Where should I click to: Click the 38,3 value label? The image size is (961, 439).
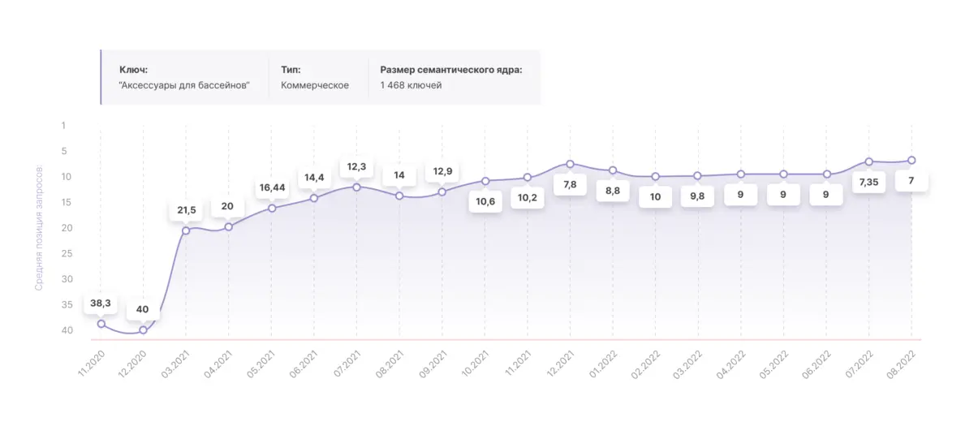(x=101, y=303)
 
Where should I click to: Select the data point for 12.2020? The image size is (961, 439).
(x=144, y=330)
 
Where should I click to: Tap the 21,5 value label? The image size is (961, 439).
(x=187, y=210)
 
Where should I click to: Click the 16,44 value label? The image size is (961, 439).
(x=272, y=187)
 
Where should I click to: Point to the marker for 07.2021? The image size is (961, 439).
(x=356, y=187)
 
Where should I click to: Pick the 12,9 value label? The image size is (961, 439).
(x=442, y=171)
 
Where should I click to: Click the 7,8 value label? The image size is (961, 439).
(x=570, y=185)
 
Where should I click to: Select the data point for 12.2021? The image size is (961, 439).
(x=570, y=164)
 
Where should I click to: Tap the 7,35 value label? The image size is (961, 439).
(x=869, y=182)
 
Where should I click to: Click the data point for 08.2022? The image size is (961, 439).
(x=911, y=160)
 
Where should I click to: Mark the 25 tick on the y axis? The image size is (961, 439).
(x=67, y=253)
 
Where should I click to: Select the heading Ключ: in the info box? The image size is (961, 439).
(x=133, y=70)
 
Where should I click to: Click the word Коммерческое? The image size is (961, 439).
(x=315, y=85)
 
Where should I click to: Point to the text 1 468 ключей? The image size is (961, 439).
(x=411, y=85)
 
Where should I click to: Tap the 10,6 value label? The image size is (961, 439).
(x=485, y=201)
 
